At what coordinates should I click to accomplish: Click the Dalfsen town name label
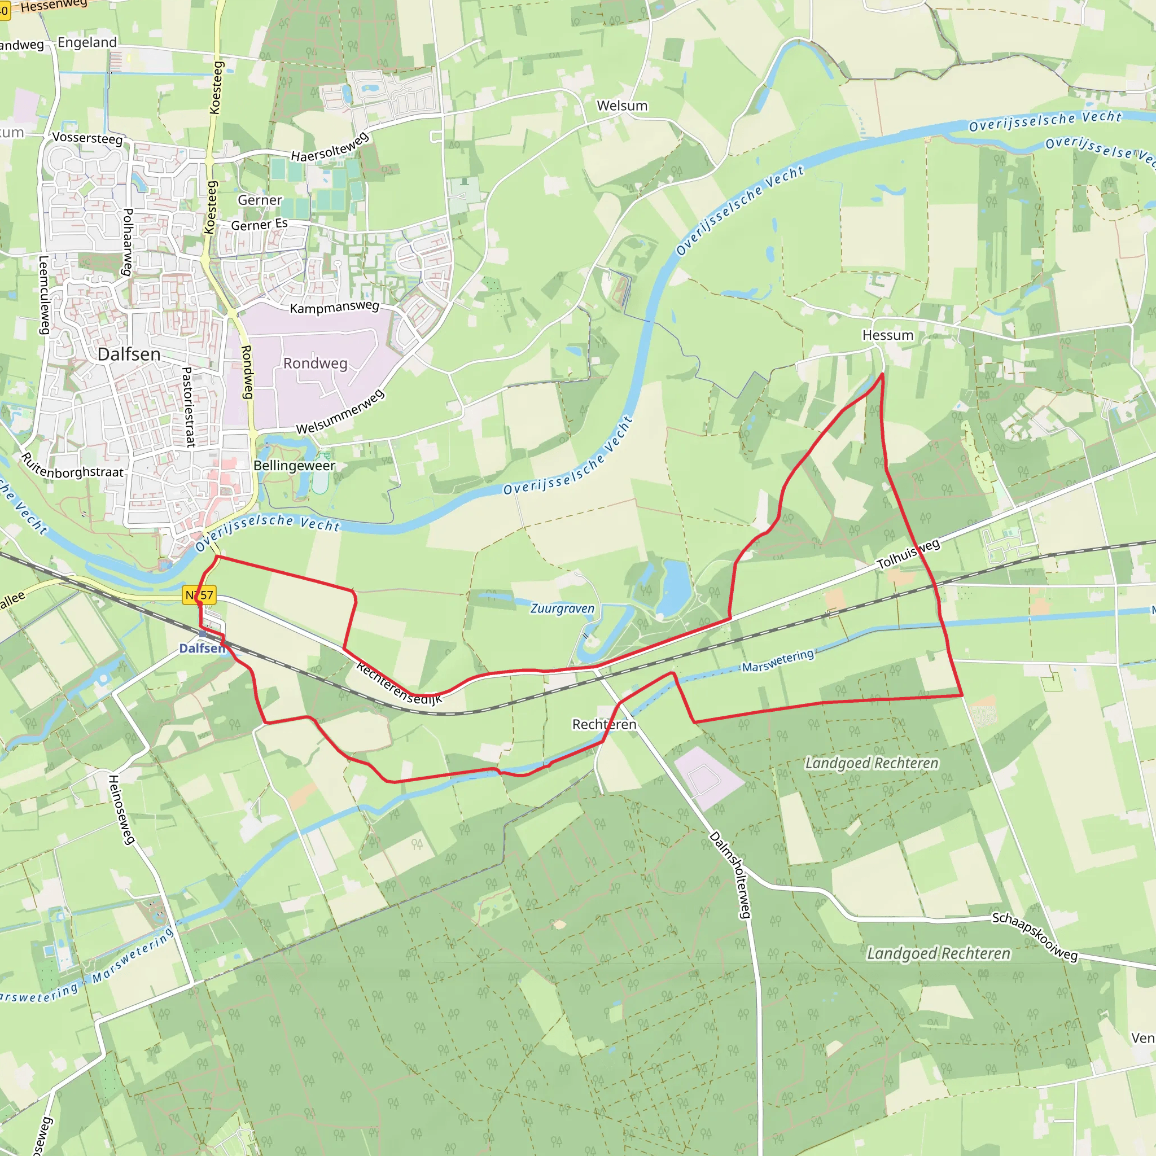pyautogui.click(x=129, y=354)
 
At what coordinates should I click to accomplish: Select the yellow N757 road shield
pyautogui.click(x=199, y=595)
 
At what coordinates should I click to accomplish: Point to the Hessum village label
pyautogui.click(x=887, y=335)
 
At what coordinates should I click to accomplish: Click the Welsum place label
pyautogui.click(x=621, y=106)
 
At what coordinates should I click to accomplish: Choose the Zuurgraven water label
pyautogui.click(x=562, y=608)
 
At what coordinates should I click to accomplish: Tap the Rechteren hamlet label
pyautogui.click(x=604, y=725)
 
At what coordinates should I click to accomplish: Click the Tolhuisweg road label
pyautogui.click(x=908, y=554)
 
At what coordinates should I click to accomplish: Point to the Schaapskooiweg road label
pyautogui.click(x=1035, y=936)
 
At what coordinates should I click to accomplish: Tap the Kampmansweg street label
pyautogui.click(x=335, y=307)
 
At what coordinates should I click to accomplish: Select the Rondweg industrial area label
pyautogui.click(x=315, y=363)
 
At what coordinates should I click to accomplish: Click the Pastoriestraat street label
pyautogui.click(x=188, y=408)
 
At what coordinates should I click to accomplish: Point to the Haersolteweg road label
pyautogui.click(x=330, y=147)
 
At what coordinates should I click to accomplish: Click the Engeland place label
pyautogui.click(x=87, y=42)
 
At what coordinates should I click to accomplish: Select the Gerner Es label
pyautogui.click(x=259, y=225)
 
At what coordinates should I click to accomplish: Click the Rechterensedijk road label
pyautogui.click(x=399, y=683)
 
